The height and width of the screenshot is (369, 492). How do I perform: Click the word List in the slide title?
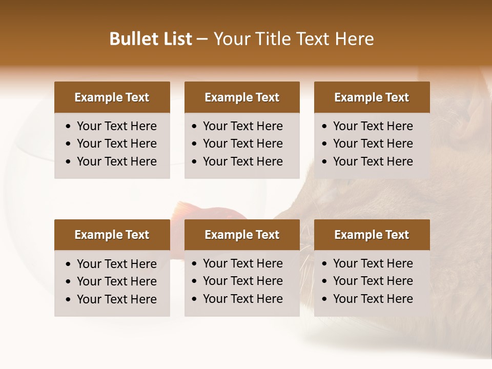[177, 39]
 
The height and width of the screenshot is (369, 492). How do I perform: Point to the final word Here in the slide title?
[354, 39]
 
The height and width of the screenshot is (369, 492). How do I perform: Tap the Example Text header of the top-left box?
[112, 97]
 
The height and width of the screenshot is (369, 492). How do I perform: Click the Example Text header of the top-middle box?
[242, 97]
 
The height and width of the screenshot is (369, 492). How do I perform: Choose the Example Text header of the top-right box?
[372, 97]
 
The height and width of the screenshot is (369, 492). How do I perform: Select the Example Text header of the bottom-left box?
[112, 235]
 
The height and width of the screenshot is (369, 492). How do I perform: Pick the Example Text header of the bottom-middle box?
[242, 235]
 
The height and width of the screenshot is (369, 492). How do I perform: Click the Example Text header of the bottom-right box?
[372, 235]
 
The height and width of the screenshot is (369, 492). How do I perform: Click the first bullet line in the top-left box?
[116, 126]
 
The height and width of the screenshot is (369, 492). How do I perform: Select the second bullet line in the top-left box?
[116, 143]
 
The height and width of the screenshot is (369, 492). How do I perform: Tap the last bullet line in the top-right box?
[373, 161]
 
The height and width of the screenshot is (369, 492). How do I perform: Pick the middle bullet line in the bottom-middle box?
[242, 281]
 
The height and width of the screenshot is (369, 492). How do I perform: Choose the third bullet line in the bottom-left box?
[116, 299]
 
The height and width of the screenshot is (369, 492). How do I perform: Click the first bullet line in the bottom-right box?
[373, 263]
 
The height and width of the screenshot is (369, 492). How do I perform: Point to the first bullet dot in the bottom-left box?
[69, 264]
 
